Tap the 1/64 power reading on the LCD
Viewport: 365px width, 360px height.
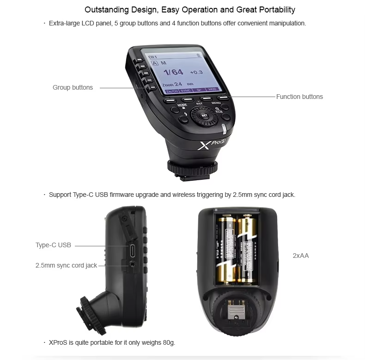(174, 72)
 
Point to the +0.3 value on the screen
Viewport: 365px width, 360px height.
(196, 72)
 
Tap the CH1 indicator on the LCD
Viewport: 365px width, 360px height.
(152, 56)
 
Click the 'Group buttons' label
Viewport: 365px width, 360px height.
(73, 87)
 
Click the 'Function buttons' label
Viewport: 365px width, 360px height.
(299, 97)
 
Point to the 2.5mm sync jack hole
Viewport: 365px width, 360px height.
(133, 265)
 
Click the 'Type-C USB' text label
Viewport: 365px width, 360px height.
(53, 245)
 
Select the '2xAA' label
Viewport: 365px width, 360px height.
(301, 256)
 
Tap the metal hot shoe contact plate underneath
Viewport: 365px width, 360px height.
(237, 314)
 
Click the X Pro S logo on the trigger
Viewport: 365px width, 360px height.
(211, 144)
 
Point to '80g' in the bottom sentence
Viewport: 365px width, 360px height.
(168, 342)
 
